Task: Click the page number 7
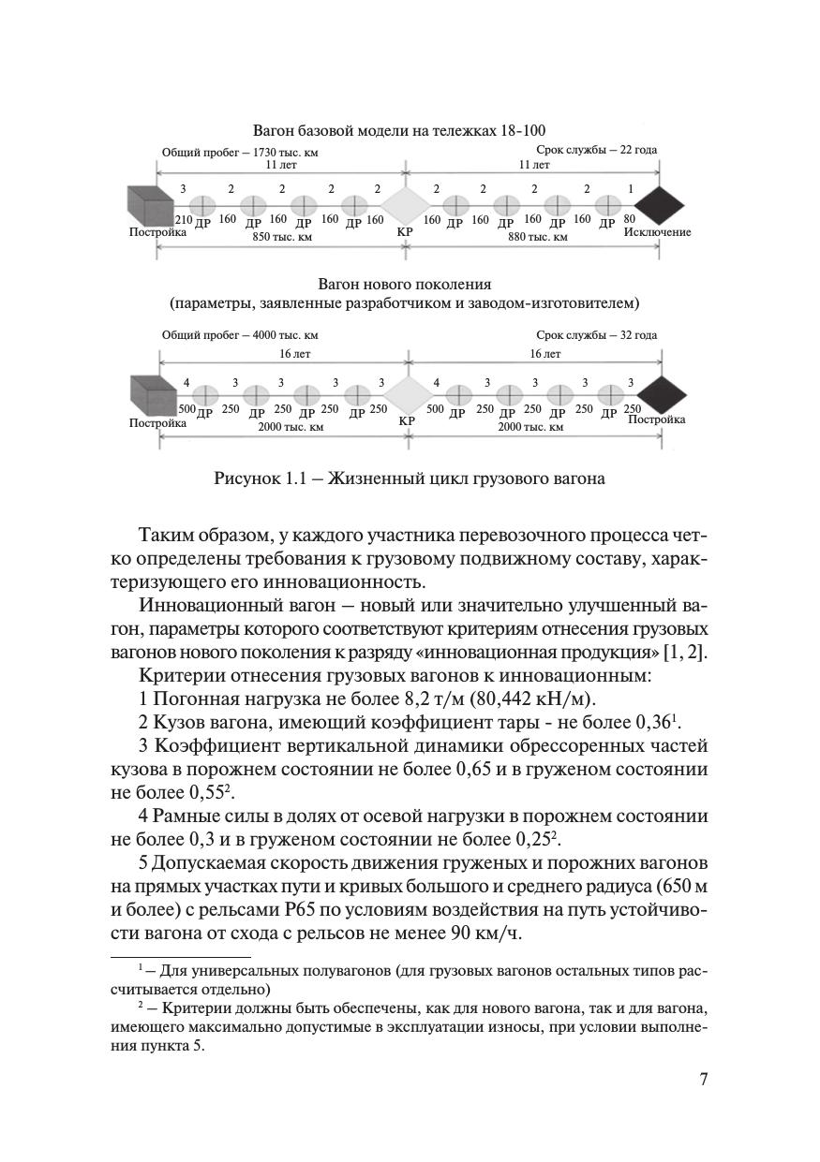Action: pyautogui.click(x=703, y=1079)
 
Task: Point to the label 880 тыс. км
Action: pyautogui.click(x=538, y=237)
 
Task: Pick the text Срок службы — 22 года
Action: pyautogui.click(x=596, y=150)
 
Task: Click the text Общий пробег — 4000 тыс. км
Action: pyautogui.click(x=239, y=335)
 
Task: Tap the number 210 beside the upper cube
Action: pyautogui.click(x=183, y=220)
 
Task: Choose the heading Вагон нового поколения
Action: pyautogui.click(x=405, y=283)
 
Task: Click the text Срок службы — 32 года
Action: pyautogui.click(x=596, y=335)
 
